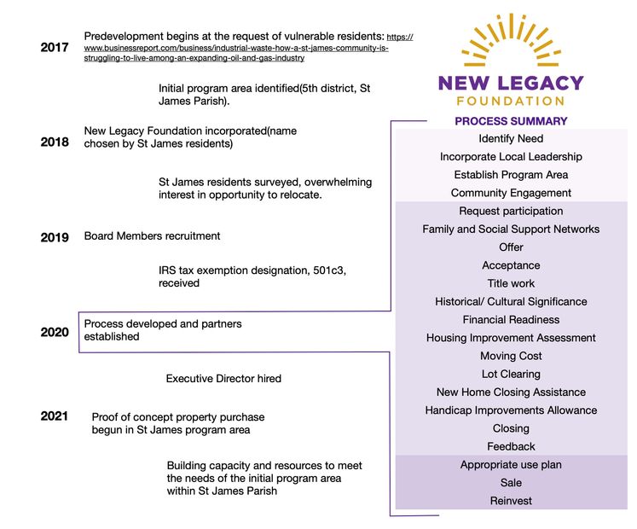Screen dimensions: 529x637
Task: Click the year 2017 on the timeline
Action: click(55, 48)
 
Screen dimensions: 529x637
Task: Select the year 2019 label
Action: click(55, 237)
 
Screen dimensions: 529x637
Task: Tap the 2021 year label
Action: click(55, 416)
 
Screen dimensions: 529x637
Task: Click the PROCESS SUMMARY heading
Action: click(511, 121)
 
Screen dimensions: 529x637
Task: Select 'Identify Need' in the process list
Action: click(511, 138)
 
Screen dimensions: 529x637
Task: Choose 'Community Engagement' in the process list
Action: click(511, 193)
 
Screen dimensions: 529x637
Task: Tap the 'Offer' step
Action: click(511, 247)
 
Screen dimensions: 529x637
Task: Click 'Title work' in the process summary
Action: click(511, 283)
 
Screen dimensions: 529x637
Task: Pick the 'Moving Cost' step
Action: click(511, 356)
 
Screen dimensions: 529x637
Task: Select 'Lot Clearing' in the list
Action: click(511, 374)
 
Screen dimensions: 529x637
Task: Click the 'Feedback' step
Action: click(511, 446)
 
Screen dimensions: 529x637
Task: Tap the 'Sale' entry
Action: click(511, 483)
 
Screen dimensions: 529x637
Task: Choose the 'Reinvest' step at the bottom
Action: click(511, 501)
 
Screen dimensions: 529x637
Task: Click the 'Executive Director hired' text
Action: click(223, 378)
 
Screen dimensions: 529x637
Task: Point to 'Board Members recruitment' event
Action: click(152, 235)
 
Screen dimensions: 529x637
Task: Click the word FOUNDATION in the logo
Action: click(511, 101)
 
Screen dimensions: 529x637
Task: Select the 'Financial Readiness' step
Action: click(511, 320)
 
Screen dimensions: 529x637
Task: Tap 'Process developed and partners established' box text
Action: click(162, 330)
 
